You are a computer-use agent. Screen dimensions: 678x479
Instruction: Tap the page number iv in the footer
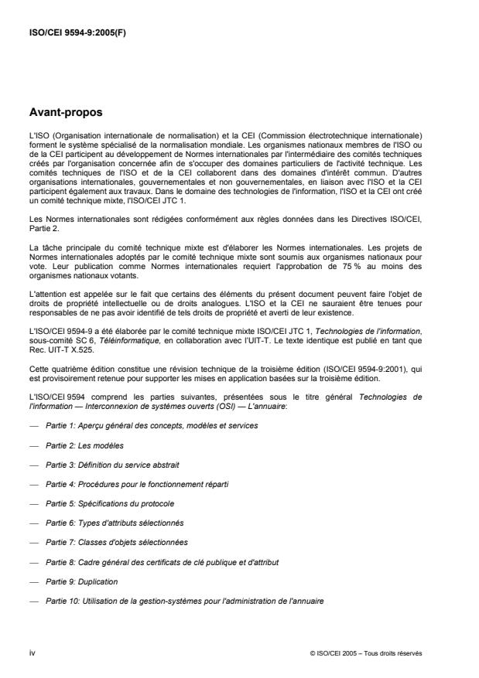33,653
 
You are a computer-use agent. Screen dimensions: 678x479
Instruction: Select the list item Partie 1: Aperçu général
152,425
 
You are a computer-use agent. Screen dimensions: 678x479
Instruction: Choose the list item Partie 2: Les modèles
84,445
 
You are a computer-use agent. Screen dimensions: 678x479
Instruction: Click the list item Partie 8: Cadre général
162,561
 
